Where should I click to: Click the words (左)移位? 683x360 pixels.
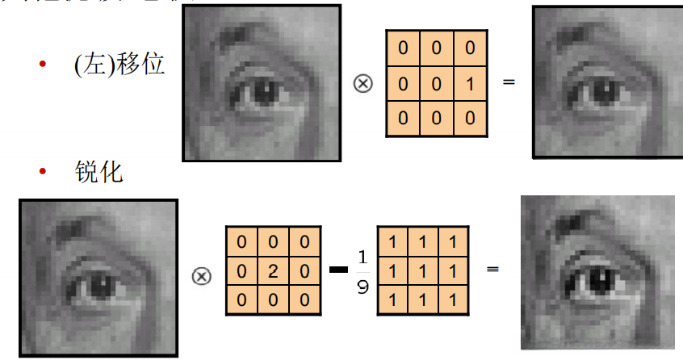tap(119, 65)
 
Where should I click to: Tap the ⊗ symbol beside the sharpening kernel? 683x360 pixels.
tap(201, 276)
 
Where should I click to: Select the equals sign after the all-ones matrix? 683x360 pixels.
tap(492, 269)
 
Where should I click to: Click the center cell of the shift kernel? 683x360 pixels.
tap(437, 83)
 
